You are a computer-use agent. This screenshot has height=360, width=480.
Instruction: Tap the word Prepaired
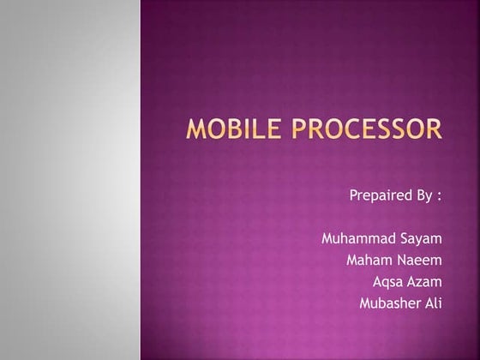tap(380, 195)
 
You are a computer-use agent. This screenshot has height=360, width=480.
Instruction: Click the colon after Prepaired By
tap(439, 196)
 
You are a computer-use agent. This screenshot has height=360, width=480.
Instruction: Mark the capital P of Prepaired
tap(353, 195)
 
